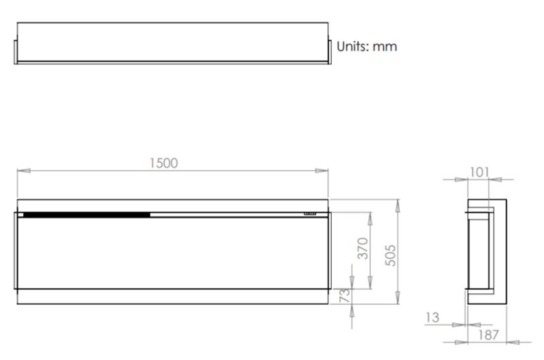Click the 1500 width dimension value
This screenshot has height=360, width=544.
(x=163, y=163)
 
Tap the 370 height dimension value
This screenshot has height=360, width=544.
(x=363, y=248)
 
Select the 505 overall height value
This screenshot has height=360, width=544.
(x=390, y=255)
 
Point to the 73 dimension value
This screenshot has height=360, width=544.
(x=345, y=295)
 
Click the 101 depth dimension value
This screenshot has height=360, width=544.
(x=479, y=172)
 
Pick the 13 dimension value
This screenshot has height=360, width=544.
(x=432, y=317)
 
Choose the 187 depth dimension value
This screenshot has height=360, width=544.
(x=488, y=335)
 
